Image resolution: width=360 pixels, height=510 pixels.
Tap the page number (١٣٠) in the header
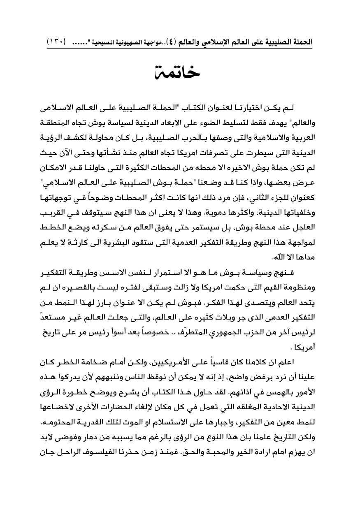pos(57,42)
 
